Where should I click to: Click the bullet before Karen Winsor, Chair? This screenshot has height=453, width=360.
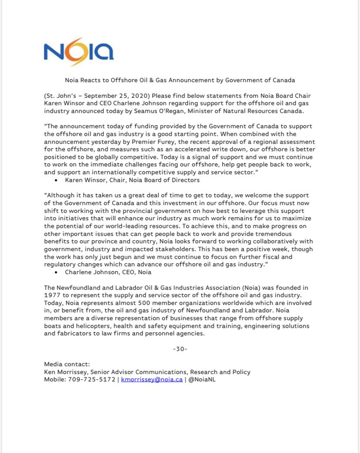[57, 180]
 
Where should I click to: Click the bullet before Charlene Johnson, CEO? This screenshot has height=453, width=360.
[57, 272]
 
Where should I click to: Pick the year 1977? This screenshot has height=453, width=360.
[52, 295]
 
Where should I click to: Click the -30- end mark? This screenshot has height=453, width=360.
[180, 349]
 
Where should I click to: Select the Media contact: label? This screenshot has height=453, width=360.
[67, 364]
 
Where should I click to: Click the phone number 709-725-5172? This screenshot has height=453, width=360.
[93, 379]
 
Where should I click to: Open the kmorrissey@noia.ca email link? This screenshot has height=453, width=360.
[152, 379]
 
